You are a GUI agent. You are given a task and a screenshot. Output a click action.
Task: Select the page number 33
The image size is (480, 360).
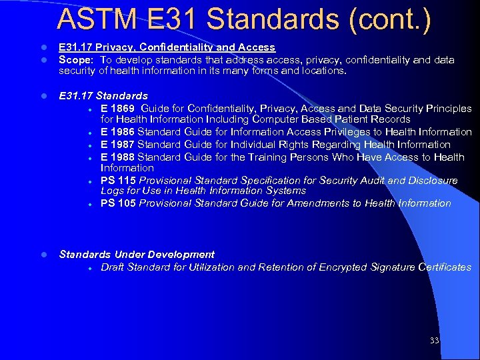(x=435, y=341)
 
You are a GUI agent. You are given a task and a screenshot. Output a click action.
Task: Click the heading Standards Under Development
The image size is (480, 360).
(x=137, y=255)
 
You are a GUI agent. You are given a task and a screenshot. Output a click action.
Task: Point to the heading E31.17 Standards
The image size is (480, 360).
(x=103, y=96)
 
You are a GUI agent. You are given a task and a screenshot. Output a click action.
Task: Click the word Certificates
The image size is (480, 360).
(x=445, y=267)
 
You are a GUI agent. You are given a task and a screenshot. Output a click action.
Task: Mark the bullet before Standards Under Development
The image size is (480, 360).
(x=43, y=255)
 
